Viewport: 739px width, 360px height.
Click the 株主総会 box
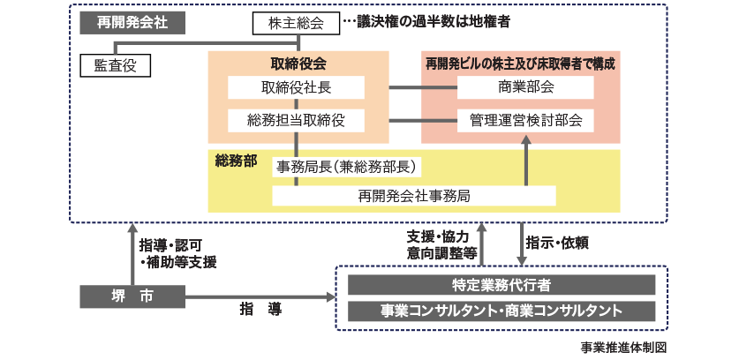coord(296,24)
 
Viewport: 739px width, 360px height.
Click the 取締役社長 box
coord(296,87)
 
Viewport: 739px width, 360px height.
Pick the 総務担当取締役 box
coord(296,119)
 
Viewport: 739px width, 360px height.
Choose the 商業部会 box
coord(519,87)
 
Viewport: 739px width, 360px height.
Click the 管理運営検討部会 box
coord(519,119)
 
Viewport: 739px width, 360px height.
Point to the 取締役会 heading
coord(298,64)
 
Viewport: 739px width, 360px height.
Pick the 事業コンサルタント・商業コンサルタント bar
coord(501,311)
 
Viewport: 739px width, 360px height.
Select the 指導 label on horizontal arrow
coord(260,309)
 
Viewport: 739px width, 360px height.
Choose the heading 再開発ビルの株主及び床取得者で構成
coord(519,64)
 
